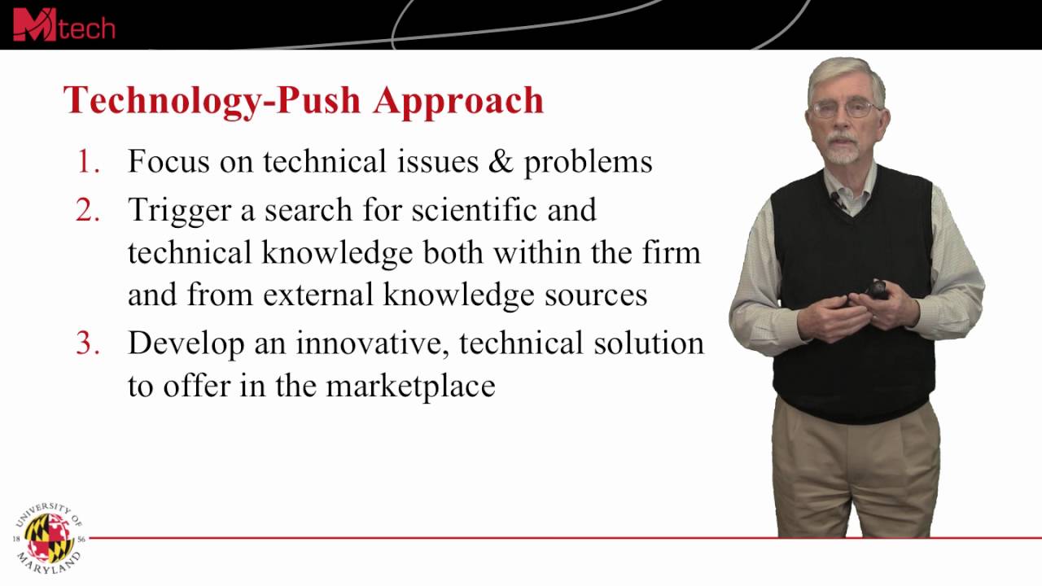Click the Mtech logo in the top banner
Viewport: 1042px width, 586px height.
coord(63,24)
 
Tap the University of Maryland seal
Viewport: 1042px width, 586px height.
coord(49,536)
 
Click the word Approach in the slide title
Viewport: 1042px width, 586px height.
coord(458,101)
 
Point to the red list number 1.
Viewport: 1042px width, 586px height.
coord(88,162)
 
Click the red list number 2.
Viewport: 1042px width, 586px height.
coord(88,210)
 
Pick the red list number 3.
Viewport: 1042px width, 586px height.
coord(88,343)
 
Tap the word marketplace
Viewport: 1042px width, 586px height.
coord(410,386)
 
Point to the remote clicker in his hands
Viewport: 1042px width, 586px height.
coord(875,290)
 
